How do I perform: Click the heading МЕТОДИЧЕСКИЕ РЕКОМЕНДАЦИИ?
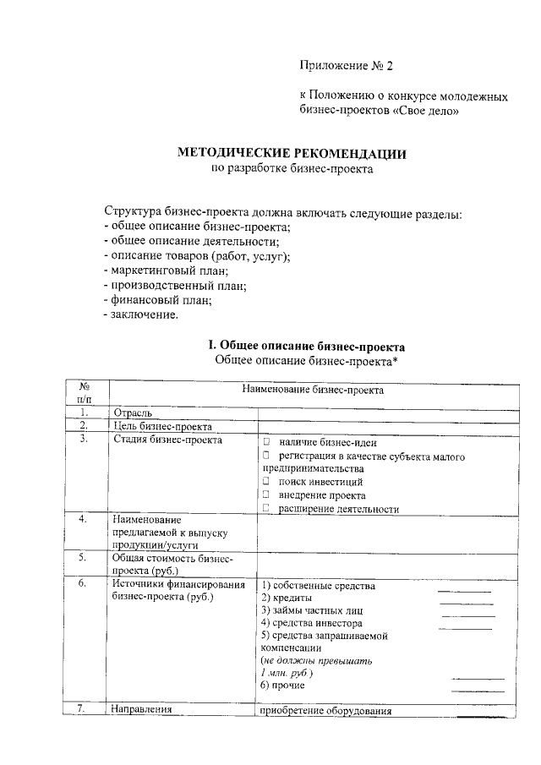pos(292,154)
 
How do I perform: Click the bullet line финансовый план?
pos(157,300)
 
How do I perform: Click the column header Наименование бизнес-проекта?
pos(312,391)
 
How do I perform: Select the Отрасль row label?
pos(132,413)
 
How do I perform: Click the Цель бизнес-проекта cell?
pos(161,426)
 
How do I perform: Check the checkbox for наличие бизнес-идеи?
pos(265,441)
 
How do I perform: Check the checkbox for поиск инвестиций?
pos(265,481)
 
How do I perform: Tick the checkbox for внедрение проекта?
pos(265,495)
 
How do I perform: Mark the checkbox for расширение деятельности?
pos(265,508)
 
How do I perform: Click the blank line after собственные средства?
pos(463,591)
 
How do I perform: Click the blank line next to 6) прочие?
pos(478,691)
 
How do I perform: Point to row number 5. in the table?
pos(84,558)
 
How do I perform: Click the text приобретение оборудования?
pos(327,711)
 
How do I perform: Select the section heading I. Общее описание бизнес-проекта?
pos(307,346)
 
